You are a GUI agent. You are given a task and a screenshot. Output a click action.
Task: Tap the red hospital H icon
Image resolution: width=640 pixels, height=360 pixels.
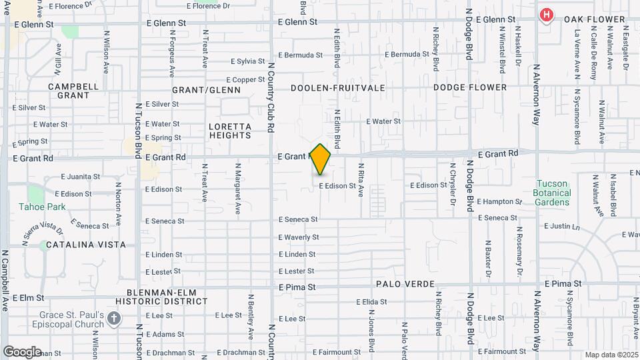547,15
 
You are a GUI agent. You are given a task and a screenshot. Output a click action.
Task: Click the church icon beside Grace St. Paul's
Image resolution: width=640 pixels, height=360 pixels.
114,318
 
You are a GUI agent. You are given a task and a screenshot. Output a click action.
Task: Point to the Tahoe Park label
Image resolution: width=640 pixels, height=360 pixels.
42,207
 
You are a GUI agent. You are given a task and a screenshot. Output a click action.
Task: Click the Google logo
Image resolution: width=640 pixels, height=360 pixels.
22,351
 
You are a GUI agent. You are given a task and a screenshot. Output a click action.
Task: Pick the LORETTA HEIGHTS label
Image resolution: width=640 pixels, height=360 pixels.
229,131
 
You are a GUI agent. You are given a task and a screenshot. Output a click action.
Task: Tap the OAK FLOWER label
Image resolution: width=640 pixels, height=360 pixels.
595,19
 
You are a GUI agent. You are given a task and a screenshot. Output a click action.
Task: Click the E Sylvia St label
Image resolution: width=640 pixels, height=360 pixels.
247,61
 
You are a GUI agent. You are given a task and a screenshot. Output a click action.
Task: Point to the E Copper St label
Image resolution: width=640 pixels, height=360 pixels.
248,80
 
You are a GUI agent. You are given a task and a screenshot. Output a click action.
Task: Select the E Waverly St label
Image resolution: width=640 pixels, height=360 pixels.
298,237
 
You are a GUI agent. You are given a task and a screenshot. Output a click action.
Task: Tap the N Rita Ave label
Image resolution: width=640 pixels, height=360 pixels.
361,180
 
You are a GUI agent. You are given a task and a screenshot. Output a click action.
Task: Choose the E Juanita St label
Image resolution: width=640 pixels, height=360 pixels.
81,177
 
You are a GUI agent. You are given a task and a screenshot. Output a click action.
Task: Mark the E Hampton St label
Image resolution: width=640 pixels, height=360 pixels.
499,201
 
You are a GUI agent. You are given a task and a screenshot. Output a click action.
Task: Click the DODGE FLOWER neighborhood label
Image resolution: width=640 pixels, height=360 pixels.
469,87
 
